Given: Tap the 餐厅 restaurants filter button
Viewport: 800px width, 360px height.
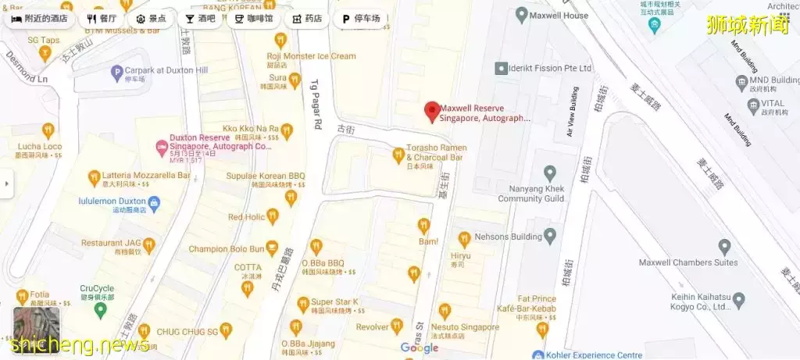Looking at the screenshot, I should (x=102, y=18).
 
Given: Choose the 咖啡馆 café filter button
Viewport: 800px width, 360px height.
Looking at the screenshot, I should (x=254, y=18).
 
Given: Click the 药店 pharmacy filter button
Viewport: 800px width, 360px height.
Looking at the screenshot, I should (x=307, y=18).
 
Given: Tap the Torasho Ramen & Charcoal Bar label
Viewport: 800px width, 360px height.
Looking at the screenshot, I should (x=436, y=152).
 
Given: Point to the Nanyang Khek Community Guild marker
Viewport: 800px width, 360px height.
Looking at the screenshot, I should (x=550, y=173).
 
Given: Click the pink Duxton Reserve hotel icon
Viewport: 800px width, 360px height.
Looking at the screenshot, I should (x=162, y=145).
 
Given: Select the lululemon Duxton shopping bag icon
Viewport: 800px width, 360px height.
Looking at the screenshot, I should (x=155, y=204).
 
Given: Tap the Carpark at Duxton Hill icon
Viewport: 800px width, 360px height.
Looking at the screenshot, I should (x=117, y=73).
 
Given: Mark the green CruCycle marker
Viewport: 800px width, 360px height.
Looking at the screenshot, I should (x=99, y=310).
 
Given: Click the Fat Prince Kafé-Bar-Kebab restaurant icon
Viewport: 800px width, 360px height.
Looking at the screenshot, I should (x=542, y=329).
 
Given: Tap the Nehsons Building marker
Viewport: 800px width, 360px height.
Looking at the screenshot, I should (x=550, y=235).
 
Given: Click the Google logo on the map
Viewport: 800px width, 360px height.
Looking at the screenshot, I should (x=420, y=348).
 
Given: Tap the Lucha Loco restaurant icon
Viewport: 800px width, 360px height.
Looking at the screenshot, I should (x=48, y=130).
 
